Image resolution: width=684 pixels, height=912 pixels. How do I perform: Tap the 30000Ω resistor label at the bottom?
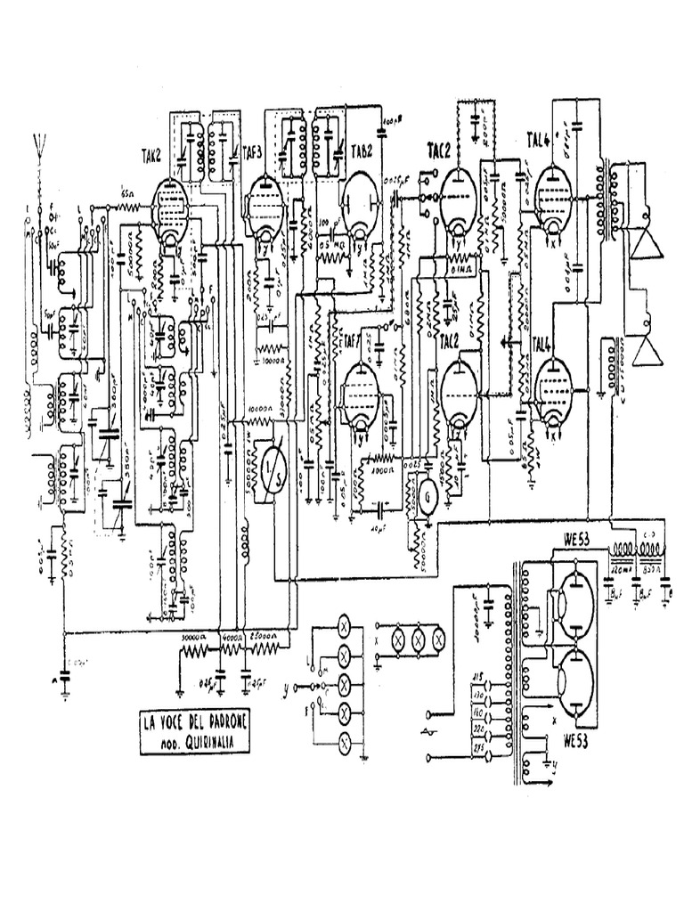(195, 638)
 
